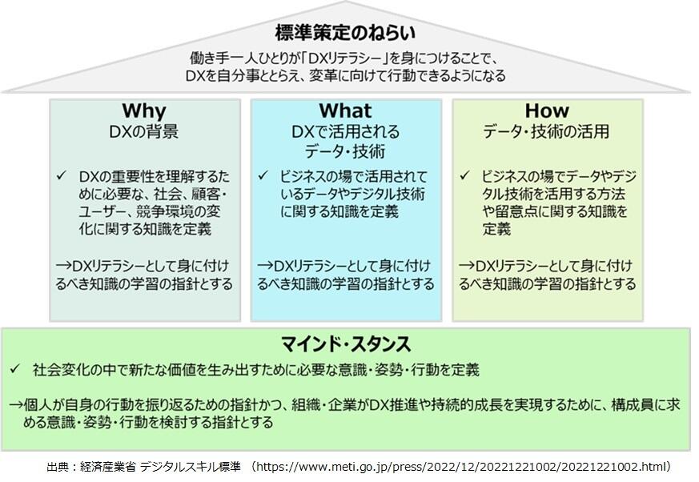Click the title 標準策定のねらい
(x=345, y=33)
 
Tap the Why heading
(x=144, y=110)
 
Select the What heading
(x=345, y=110)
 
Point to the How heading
(x=547, y=110)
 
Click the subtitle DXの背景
(x=144, y=131)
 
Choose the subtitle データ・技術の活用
(x=547, y=131)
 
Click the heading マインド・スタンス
(x=345, y=344)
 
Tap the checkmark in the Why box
(x=61, y=175)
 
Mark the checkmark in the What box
(x=263, y=175)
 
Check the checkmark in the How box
(x=464, y=175)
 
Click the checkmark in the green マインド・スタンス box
(x=15, y=369)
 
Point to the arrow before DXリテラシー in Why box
(x=64, y=266)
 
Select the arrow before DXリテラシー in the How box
(x=467, y=266)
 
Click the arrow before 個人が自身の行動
(x=17, y=405)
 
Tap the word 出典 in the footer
(x=58, y=467)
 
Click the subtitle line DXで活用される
(x=345, y=131)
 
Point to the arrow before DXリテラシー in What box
(x=266, y=266)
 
